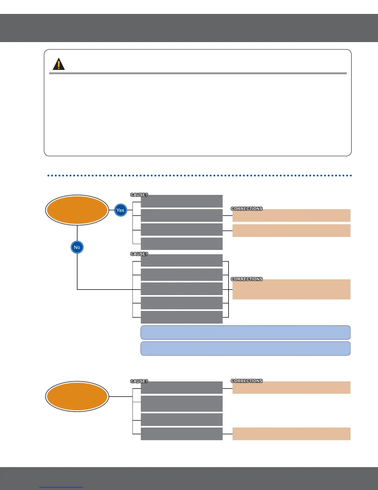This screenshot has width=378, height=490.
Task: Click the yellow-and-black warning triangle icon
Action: click(x=59, y=64)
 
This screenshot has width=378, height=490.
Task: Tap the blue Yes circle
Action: click(x=120, y=210)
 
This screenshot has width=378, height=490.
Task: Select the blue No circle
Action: click(x=77, y=247)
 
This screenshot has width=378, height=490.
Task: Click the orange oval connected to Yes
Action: click(x=77, y=210)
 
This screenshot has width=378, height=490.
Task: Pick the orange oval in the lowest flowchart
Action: click(x=77, y=396)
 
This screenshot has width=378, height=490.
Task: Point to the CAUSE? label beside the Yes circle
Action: click(x=139, y=195)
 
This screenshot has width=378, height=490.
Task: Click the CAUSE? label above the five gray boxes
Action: click(x=139, y=254)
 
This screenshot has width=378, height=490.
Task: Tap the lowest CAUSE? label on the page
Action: click(x=139, y=381)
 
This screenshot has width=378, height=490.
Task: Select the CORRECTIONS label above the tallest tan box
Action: click(x=246, y=279)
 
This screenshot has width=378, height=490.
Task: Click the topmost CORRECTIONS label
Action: click(x=246, y=209)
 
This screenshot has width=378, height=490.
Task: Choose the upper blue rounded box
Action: click(x=246, y=333)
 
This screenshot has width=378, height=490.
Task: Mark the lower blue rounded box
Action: click(x=246, y=349)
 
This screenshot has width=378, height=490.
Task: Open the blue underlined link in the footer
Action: click(x=61, y=487)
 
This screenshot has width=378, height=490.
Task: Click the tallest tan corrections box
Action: click(x=291, y=289)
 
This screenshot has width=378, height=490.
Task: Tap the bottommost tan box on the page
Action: click(x=291, y=434)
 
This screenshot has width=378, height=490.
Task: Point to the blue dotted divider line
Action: click(x=199, y=175)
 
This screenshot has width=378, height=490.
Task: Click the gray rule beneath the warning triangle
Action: click(x=198, y=73)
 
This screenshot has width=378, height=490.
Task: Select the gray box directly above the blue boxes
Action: click(x=182, y=317)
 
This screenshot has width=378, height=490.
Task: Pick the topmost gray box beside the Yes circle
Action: click(x=182, y=201)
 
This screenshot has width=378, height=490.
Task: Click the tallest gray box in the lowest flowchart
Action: click(x=182, y=403)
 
